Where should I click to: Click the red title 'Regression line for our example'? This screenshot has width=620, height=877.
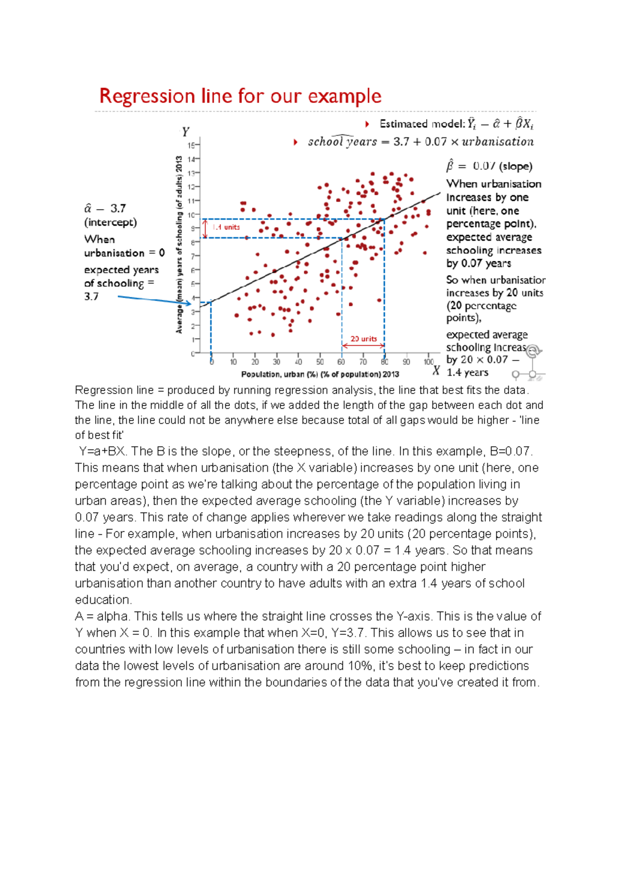tap(240, 97)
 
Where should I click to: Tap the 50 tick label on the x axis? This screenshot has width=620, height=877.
tap(320, 362)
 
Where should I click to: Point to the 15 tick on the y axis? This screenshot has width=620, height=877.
tap(191, 146)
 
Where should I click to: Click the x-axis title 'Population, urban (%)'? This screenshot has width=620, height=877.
tap(320, 374)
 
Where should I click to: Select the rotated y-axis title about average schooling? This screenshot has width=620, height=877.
tap(179, 245)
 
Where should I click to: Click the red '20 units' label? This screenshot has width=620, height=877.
tap(364, 339)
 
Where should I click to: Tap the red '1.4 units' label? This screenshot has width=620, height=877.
tap(226, 227)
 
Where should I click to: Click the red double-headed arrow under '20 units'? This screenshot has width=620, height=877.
tap(363, 346)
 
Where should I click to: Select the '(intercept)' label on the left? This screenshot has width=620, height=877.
tap(111, 222)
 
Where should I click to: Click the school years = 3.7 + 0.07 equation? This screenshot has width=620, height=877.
tap(421, 142)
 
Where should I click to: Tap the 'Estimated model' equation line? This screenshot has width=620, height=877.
tap(456, 124)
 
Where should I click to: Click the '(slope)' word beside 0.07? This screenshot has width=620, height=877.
tap(516, 166)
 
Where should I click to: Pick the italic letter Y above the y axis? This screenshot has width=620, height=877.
tap(185, 132)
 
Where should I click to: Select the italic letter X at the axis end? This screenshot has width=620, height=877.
tap(436, 370)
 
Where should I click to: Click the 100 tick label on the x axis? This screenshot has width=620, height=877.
tap(429, 362)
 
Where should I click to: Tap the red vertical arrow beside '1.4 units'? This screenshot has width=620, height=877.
tap(206, 228)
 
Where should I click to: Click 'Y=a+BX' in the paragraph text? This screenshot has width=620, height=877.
tap(102, 451)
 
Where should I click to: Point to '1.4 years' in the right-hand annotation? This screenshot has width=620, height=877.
tap(467, 372)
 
